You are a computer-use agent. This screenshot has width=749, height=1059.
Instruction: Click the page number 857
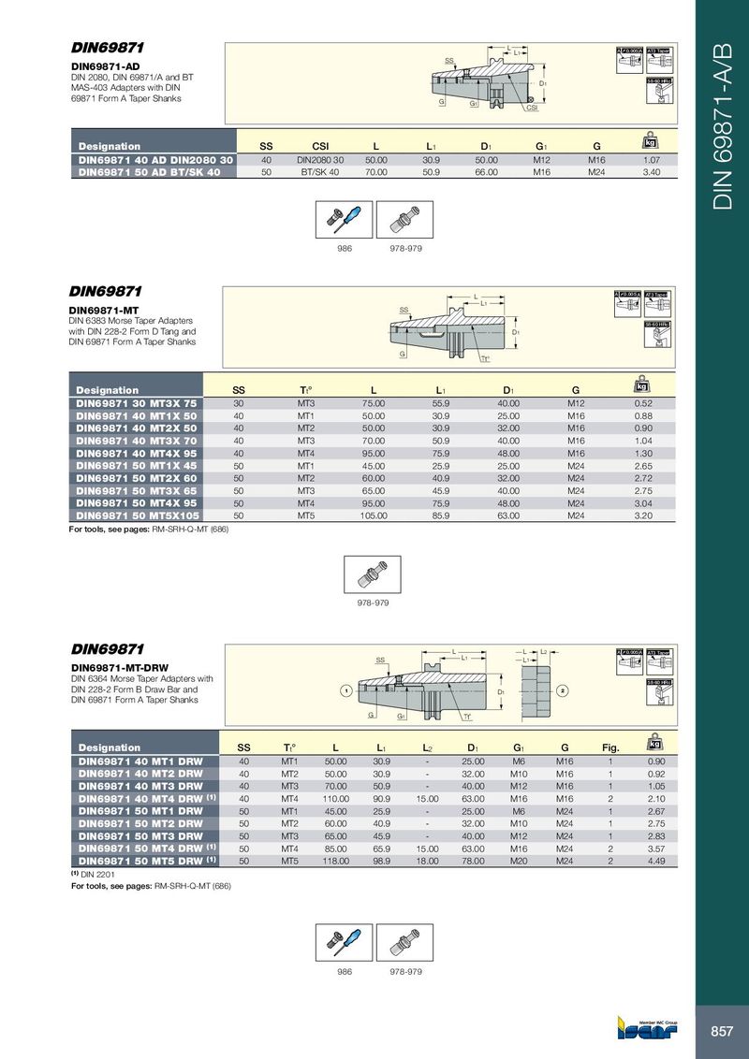click(x=721, y=1031)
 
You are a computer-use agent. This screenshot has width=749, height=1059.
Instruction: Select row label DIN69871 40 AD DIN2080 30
click(x=154, y=160)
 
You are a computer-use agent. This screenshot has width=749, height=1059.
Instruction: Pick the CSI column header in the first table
click(x=320, y=146)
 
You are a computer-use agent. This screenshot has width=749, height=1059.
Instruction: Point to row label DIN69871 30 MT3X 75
click(x=136, y=404)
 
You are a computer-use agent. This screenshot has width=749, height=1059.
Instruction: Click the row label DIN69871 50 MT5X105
click(x=136, y=515)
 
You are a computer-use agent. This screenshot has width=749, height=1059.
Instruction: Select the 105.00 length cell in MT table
click(x=374, y=515)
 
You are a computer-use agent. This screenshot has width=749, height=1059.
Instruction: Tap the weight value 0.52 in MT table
click(x=643, y=404)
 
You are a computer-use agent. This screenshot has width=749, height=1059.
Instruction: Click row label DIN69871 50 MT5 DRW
click(x=140, y=860)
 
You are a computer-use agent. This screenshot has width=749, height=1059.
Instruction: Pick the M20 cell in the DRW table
click(x=519, y=860)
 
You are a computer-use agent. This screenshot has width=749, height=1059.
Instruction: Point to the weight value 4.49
click(x=655, y=860)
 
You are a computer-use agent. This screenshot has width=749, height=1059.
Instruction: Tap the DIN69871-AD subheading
click(x=106, y=66)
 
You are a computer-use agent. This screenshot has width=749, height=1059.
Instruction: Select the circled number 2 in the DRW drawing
click(x=563, y=690)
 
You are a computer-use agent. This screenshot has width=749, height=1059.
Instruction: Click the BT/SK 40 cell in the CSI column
click(x=320, y=172)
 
